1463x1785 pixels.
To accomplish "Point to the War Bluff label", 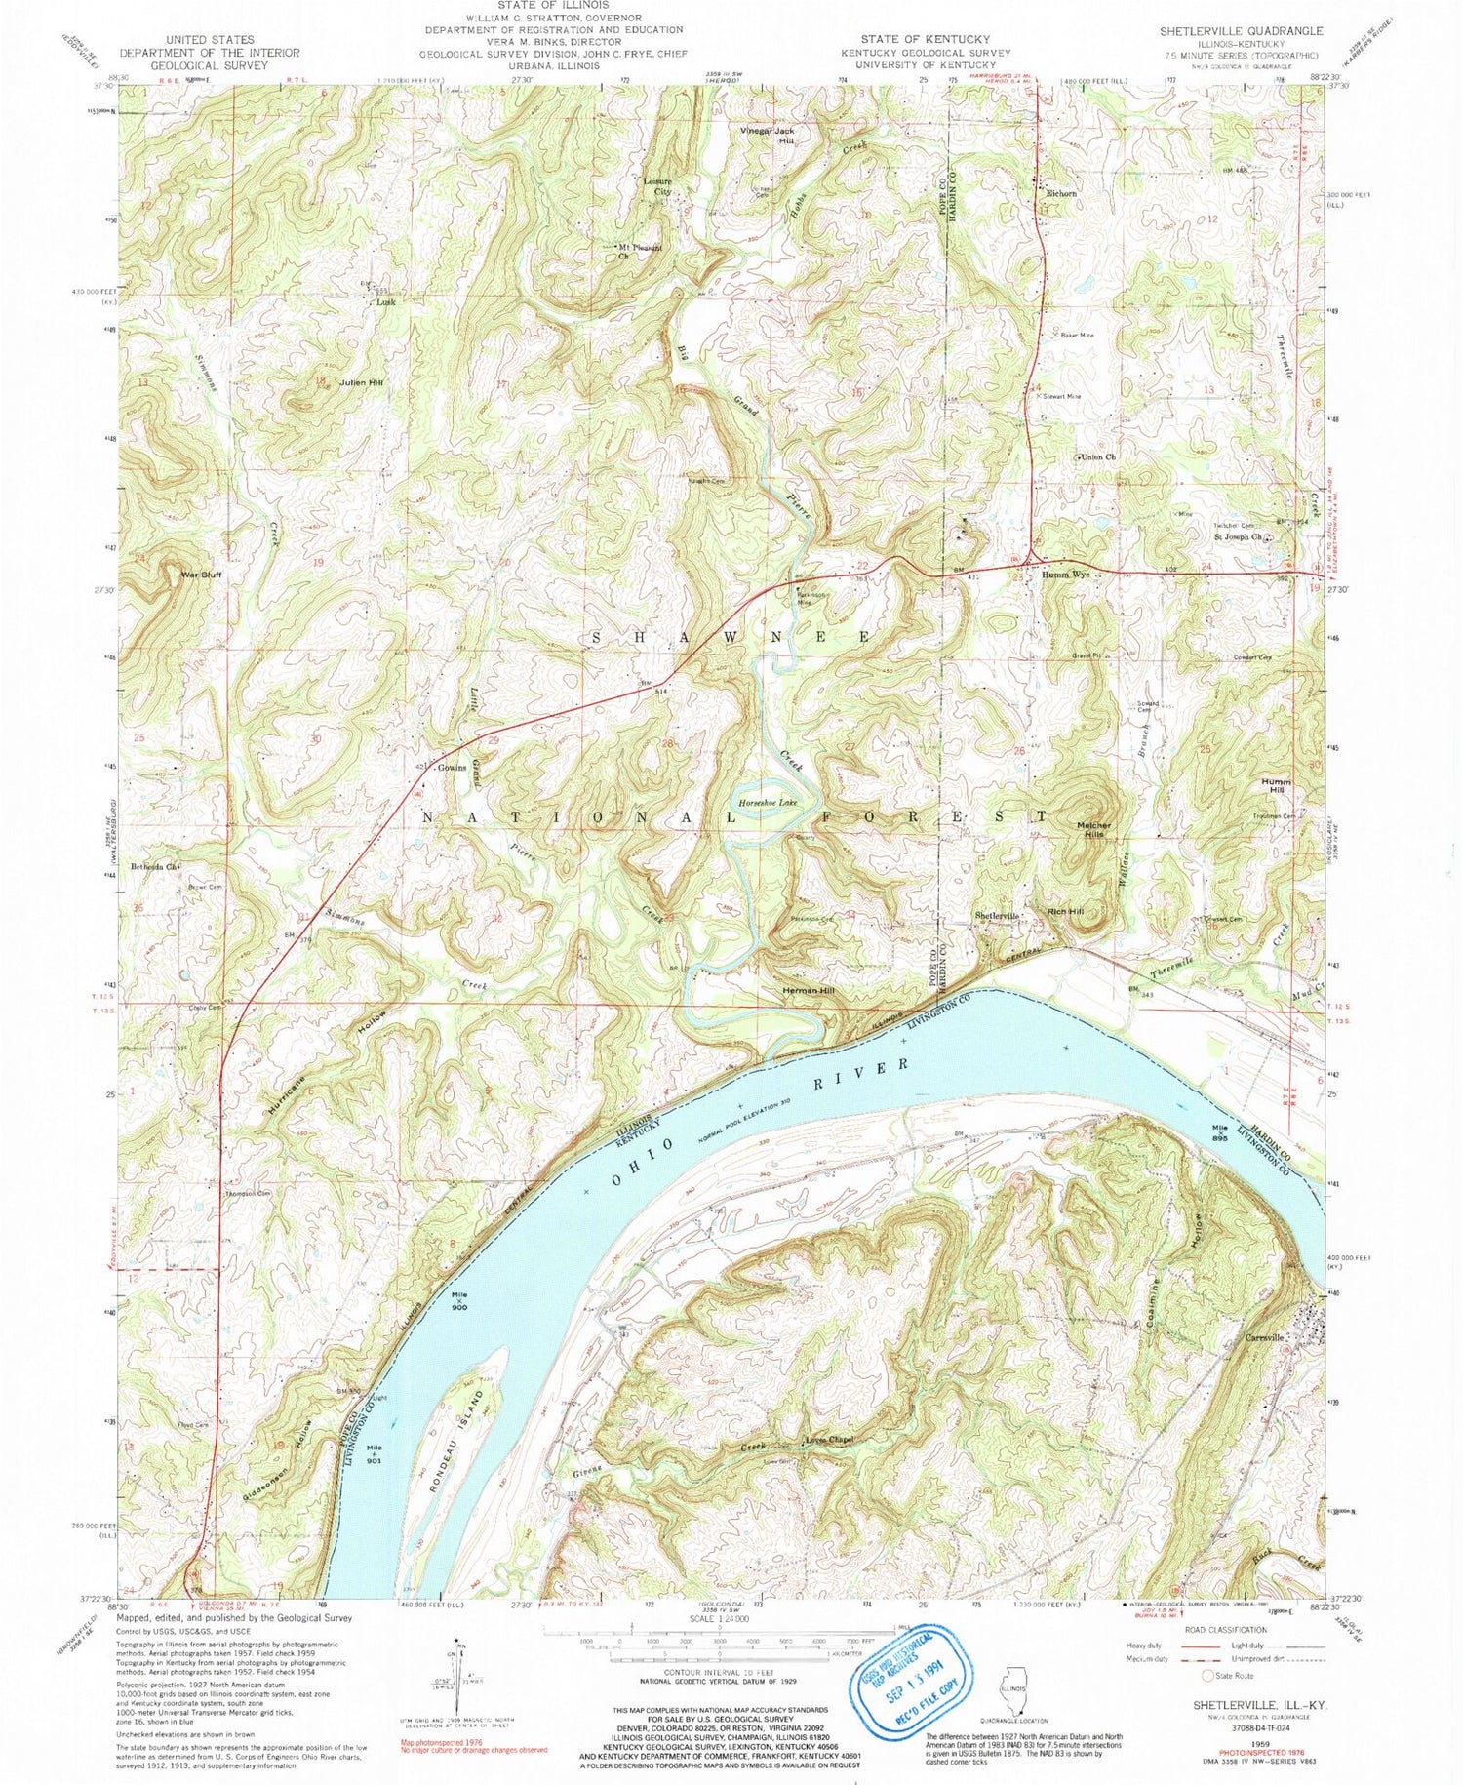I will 201,575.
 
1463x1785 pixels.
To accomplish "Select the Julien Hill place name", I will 361,383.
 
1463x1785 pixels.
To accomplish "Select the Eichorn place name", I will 1061,193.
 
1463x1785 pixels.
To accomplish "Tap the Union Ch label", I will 1096,456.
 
